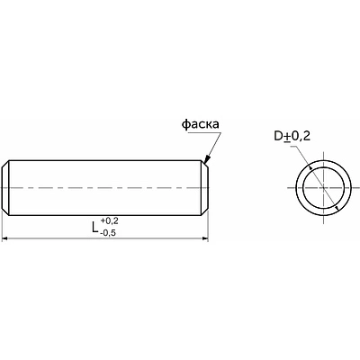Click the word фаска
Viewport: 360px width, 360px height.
[x=201, y=124]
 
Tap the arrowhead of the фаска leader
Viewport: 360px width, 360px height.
[x=207, y=158]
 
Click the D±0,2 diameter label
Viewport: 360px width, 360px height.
[x=292, y=137]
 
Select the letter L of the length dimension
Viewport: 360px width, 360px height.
[x=95, y=228]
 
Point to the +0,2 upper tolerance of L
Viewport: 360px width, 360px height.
[x=110, y=221]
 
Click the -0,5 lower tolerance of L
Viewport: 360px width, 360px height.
[x=108, y=233]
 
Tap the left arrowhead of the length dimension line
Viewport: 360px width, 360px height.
[x=4, y=238]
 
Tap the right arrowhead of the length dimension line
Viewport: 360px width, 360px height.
[x=205, y=238]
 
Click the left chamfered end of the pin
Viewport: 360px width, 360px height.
[x=5, y=188]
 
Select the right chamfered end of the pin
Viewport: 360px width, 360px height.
[x=204, y=188]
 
